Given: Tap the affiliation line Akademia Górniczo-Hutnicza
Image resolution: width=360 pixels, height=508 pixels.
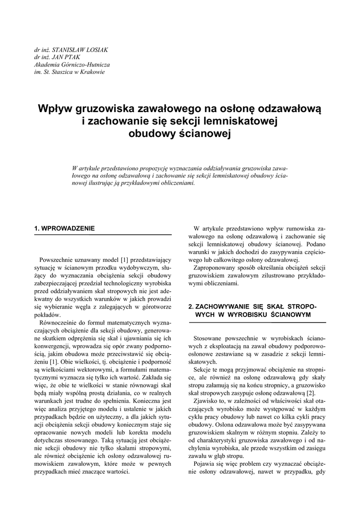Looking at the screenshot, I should pos(72,64).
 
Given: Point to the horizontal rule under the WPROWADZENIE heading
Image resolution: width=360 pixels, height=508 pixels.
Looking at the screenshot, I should pos(103,235).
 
